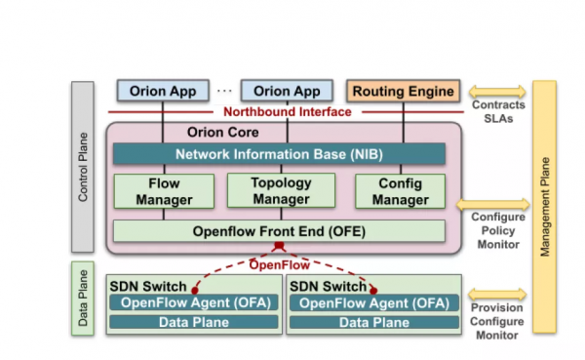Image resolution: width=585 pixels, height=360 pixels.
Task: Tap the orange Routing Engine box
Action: [x=404, y=92]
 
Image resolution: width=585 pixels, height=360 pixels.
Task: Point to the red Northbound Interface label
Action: [x=283, y=111]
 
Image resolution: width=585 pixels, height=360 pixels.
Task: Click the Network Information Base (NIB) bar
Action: [x=279, y=154]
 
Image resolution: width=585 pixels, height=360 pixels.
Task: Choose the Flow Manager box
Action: [x=163, y=191]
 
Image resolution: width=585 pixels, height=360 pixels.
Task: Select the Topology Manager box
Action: [x=280, y=191]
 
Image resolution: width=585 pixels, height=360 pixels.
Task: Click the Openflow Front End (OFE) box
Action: [x=279, y=231]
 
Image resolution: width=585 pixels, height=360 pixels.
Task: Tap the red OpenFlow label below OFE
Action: [x=280, y=264]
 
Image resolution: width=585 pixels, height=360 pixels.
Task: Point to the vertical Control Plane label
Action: [x=83, y=167]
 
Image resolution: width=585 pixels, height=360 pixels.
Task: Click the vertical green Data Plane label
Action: [x=83, y=299]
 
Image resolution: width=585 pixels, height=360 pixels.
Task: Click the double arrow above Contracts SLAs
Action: [x=497, y=91]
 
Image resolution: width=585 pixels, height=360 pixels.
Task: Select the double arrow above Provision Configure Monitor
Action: [x=497, y=294]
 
